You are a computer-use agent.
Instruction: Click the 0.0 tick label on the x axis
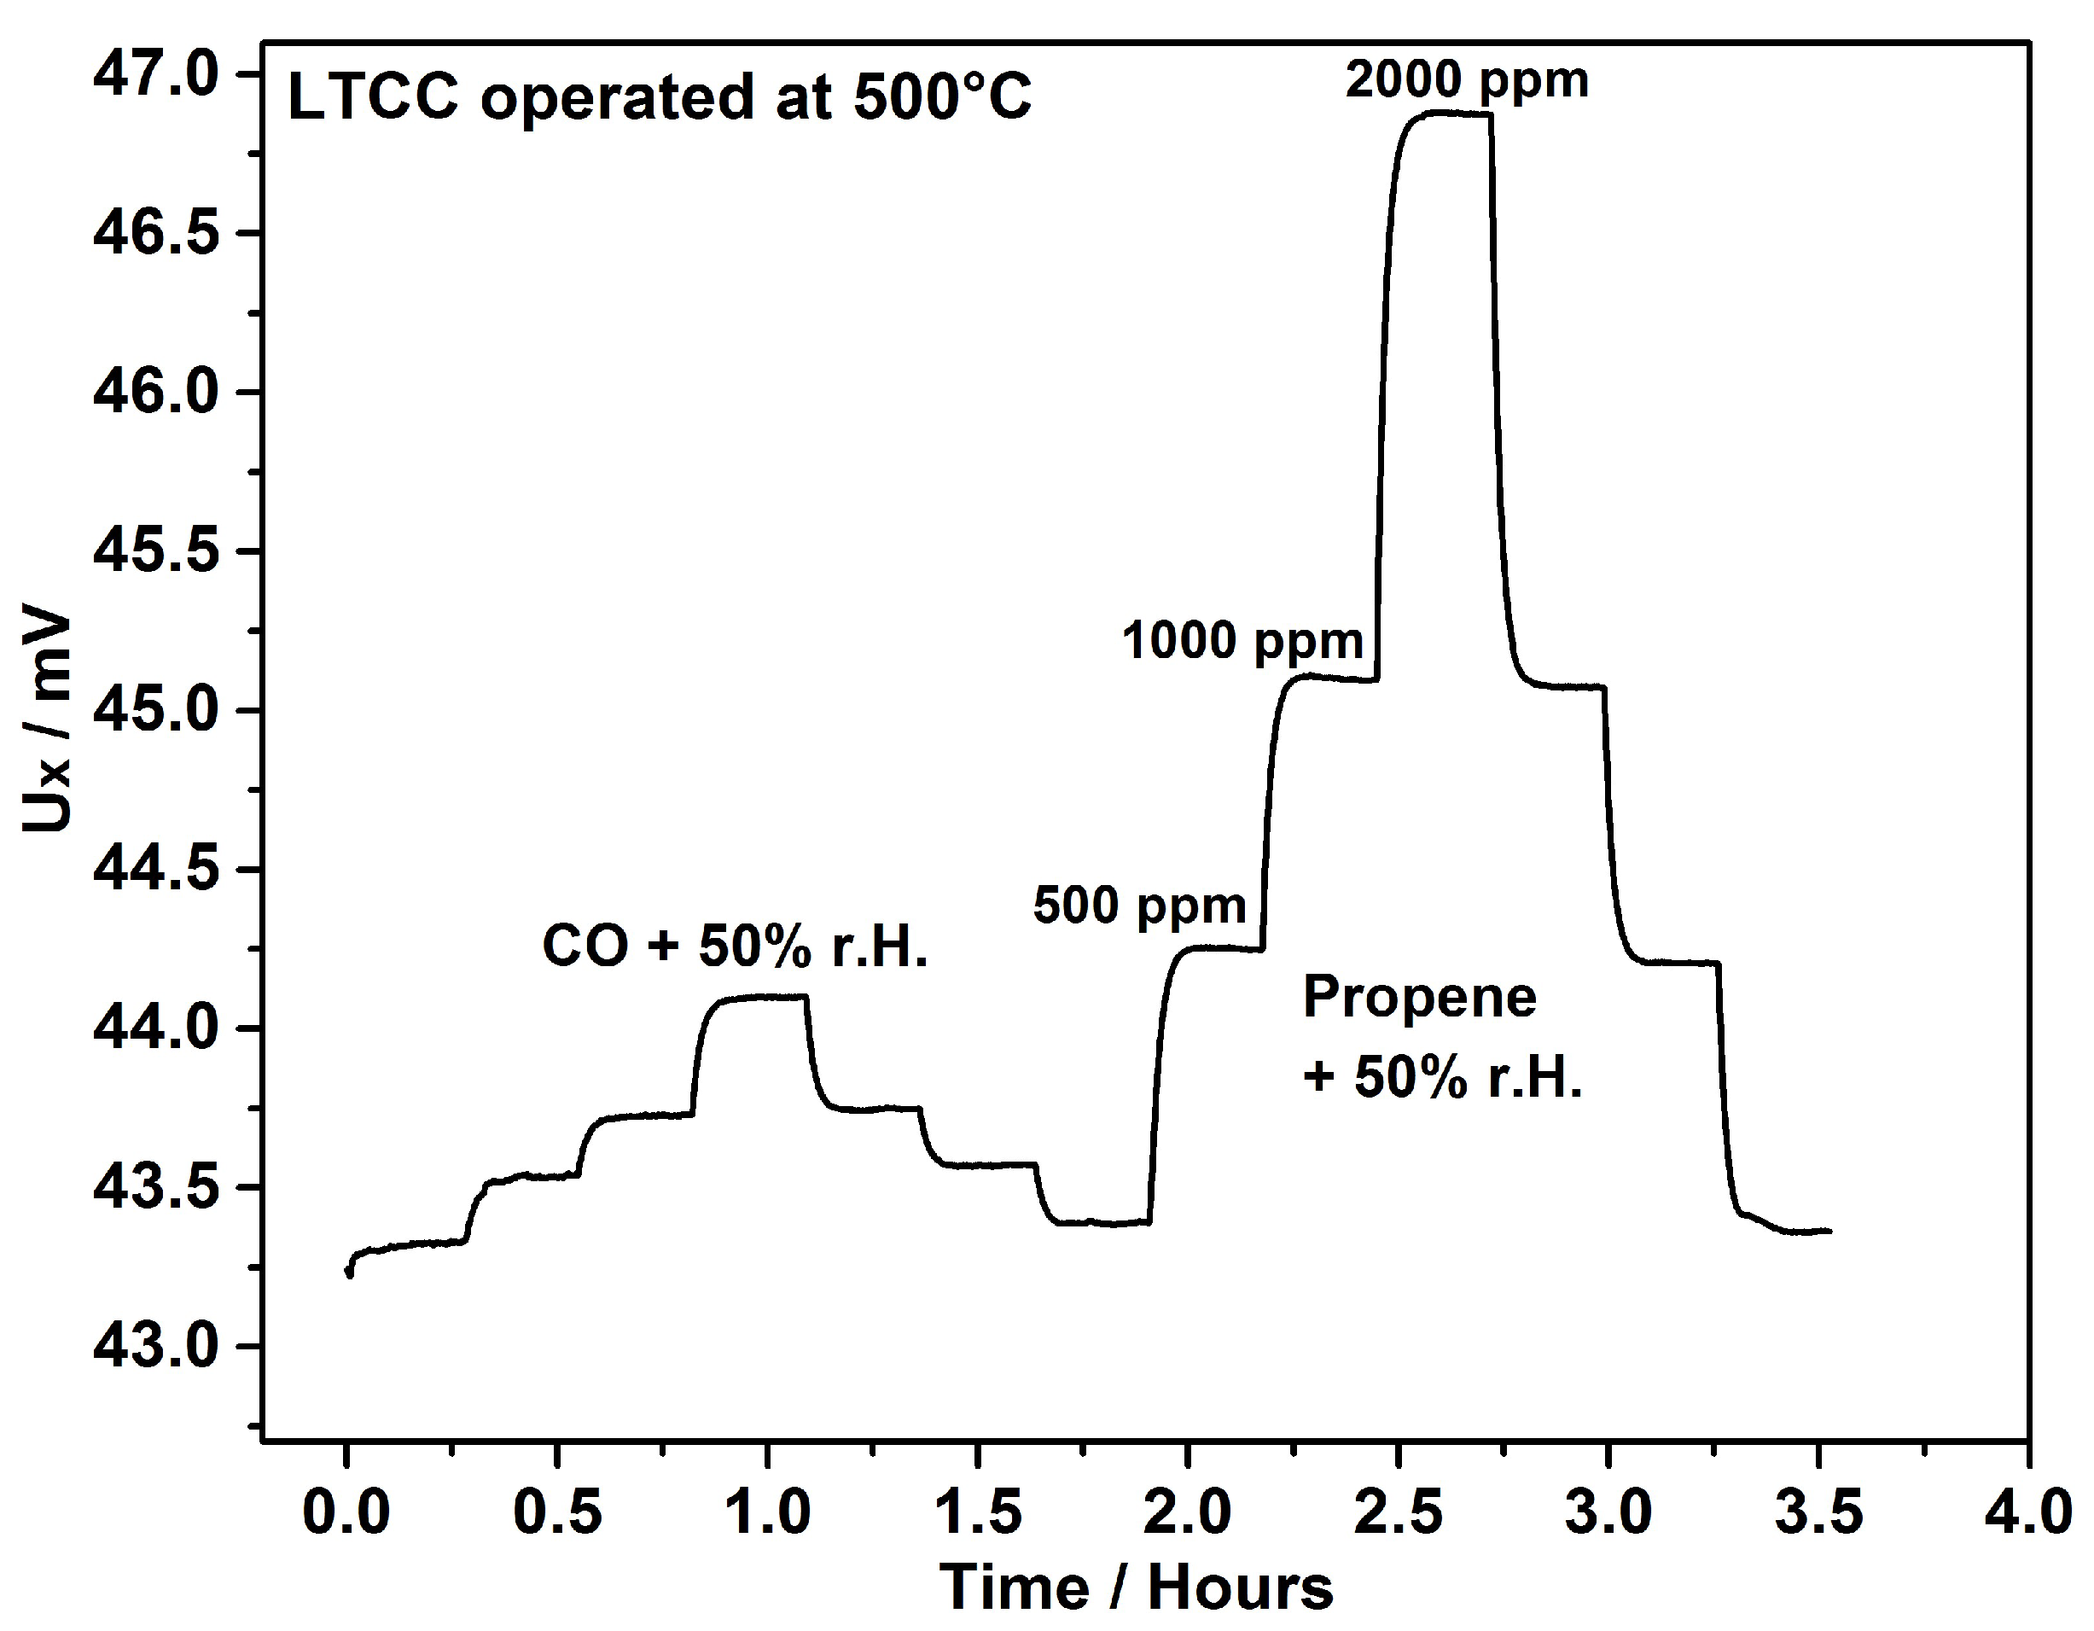[x=346, y=1512]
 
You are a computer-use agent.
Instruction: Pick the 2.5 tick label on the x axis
[x=1398, y=1512]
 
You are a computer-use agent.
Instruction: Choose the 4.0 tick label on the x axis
[x=2027, y=1512]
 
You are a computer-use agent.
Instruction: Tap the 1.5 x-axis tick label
[x=977, y=1512]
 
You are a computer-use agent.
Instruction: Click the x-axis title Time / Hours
[x=1136, y=1587]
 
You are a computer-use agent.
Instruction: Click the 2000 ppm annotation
[x=1467, y=79]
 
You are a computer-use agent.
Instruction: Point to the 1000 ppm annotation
[x=1242, y=640]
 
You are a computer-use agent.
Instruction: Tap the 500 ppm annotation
[x=1139, y=906]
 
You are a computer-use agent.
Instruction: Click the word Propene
[x=1419, y=996]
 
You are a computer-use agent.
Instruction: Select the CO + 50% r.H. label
[x=736, y=947]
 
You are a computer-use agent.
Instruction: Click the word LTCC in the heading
[x=373, y=98]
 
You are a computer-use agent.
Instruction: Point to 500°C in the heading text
[x=941, y=98]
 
